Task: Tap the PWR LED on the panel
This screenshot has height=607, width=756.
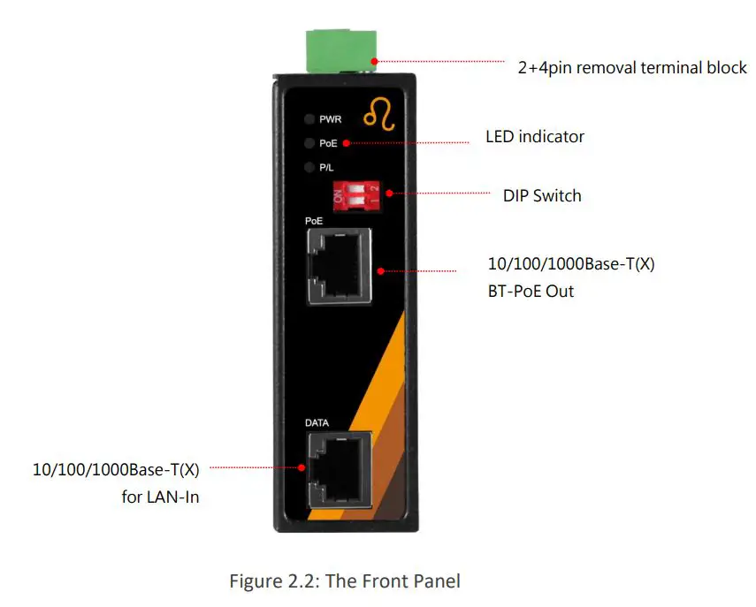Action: (309, 119)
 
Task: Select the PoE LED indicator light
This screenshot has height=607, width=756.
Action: (309, 142)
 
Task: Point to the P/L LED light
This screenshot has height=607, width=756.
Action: (309, 166)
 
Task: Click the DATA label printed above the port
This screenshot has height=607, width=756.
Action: (317, 423)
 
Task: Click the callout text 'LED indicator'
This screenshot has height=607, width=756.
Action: (535, 137)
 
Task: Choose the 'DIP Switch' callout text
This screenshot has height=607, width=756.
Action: (542, 195)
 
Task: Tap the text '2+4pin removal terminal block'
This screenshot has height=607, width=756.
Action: (632, 68)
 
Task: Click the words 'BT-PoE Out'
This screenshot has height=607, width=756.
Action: (531, 291)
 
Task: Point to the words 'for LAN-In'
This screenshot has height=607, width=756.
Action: (160, 497)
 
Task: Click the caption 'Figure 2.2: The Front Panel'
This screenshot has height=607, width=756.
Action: (345, 580)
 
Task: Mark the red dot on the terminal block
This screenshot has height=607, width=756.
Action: (375, 61)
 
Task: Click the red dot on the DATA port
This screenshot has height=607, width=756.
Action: (303, 467)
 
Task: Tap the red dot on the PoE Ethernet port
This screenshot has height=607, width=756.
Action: (378, 270)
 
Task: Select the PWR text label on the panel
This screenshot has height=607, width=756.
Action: (331, 119)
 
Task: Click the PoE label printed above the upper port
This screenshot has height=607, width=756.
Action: (314, 220)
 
